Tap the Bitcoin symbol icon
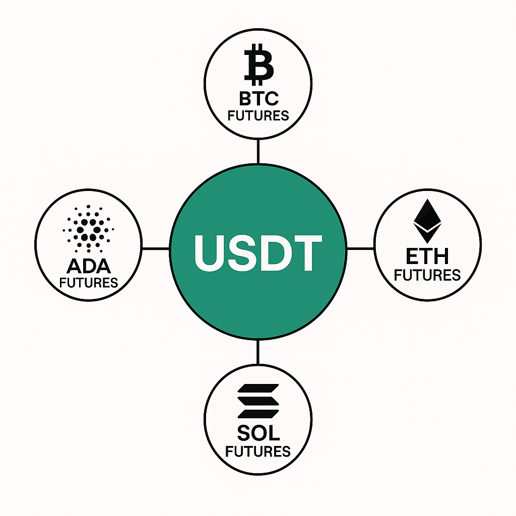pos(258,66)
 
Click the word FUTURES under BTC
pos(258,115)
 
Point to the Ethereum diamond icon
pos(427,221)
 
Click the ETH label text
pos(427,256)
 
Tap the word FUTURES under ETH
pos(427,275)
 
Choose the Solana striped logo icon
pos(258,401)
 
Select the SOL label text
pos(258,432)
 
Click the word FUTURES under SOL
pos(258,451)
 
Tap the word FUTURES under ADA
pos(89,282)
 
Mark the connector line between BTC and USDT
pos(258,151)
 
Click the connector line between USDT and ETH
pos(360,248)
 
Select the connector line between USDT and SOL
pos(258,352)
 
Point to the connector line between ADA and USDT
pos(156,248)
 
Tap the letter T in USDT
pos(306,253)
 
